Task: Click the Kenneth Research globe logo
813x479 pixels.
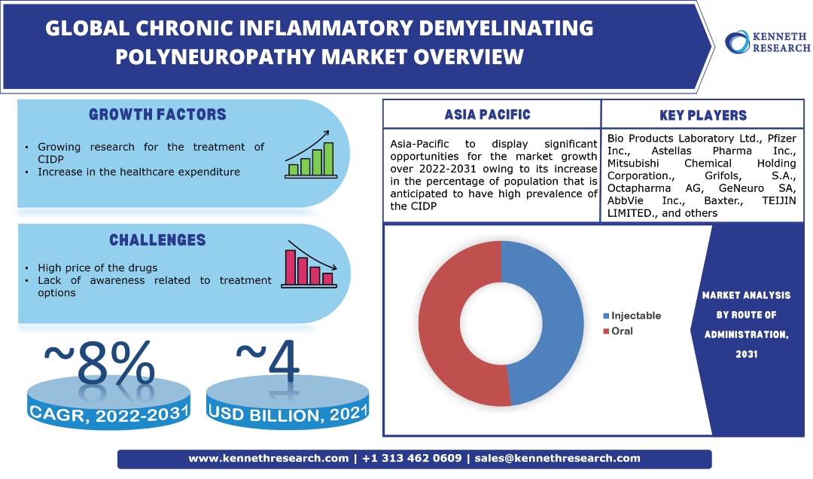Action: [735, 41]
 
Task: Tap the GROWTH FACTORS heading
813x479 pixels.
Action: [157, 115]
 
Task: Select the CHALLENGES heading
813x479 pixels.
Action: [157, 240]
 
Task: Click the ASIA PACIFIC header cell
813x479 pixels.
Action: [487, 115]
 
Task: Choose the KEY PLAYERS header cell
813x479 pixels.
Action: [702, 115]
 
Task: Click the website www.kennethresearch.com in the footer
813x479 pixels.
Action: [268, 458]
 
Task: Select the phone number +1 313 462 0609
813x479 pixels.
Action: [412, 458]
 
